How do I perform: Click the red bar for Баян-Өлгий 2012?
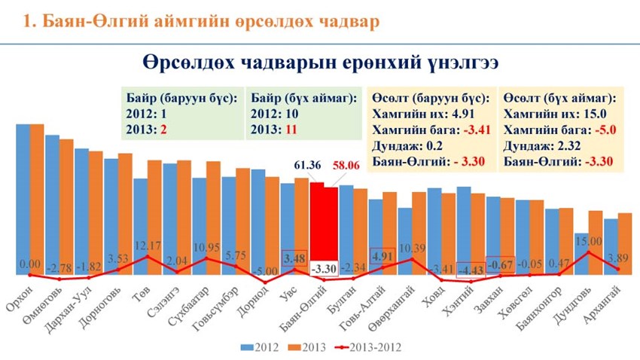(x=317, y=226)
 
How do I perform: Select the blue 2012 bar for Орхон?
(x=23, y=196)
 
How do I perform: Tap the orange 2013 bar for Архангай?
(x=624, y=241)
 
